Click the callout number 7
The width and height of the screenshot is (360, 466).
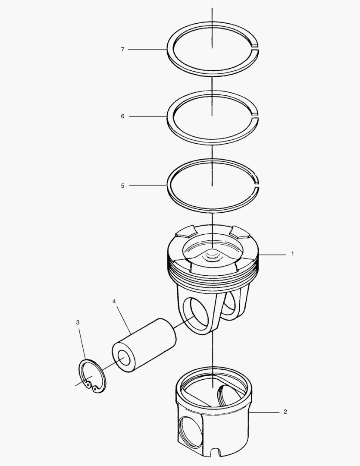pyautogui.click(x=122, y=50)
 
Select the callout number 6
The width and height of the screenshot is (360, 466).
pyautogui.click(x=122, y=116)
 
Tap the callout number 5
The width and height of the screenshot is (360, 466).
pyautogui.click(x=122, y=186)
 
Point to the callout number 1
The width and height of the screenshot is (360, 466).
pyautogui.click(x=292, y=254)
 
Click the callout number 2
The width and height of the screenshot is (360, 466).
pyautogui.click(x=285, y=412)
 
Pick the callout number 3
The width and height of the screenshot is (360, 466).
pyautogui.click(x=78, y=322)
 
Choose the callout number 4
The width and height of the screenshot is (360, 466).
pyautogui.click(x=114, y=301)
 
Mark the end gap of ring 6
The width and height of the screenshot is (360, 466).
pyautogui.click(x=255, y=115)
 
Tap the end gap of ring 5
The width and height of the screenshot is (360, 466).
pyautogui.click(x=257, y=184)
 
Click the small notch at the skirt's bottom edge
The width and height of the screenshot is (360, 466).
pyautogui.click(x=214, y=453)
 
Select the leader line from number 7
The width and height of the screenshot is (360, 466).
pyautogui.click(x=147, y=50)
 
